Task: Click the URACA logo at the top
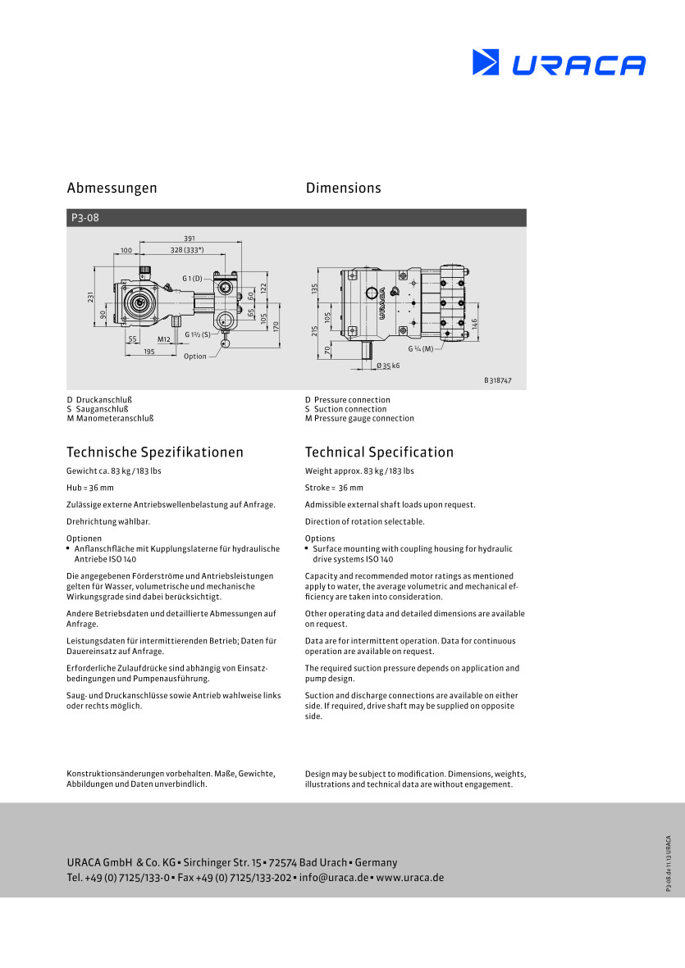559,63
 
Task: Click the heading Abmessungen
112,189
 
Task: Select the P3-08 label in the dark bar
84,218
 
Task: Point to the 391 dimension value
190,239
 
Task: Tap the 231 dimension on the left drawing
92,298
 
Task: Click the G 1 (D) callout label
192,279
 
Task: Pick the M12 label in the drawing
163,339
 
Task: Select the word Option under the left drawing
195,357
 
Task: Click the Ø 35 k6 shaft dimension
388,366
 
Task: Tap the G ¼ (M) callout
420,349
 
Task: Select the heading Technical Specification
379,452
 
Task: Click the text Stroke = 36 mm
334,488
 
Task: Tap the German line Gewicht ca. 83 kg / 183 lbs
114,471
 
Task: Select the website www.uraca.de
409,877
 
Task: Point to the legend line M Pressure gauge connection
359,418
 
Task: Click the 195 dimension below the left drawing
148,352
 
